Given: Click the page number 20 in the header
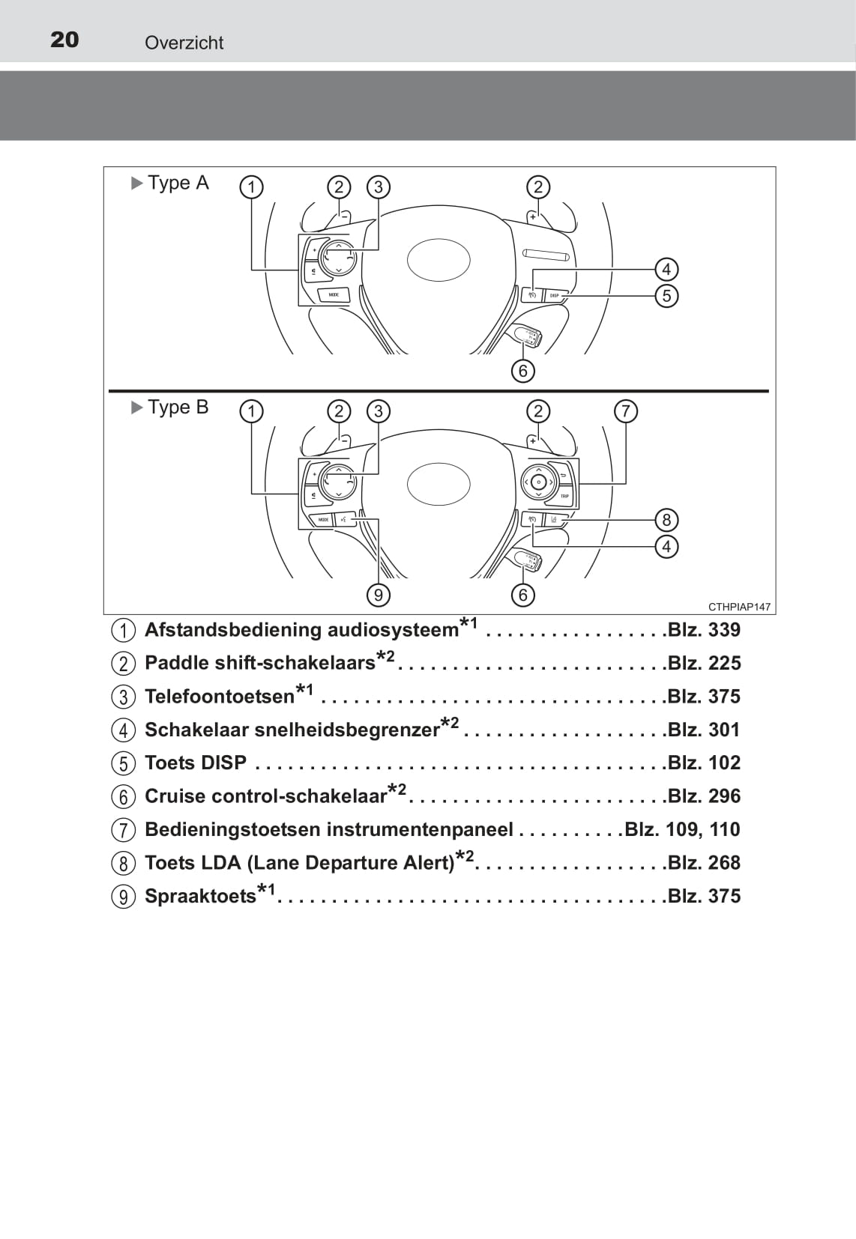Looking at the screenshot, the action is click(64, 40).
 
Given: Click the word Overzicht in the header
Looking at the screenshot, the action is click(184, 43).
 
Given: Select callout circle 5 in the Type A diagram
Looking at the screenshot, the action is click(666, 296).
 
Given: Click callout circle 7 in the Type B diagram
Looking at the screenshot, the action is click(626, 411).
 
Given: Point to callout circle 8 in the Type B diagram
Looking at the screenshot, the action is click(666, 520).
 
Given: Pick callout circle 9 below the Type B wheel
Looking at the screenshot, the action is click(379, 596).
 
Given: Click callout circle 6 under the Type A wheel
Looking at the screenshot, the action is click(523, 371).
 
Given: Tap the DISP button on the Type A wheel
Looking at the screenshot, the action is click(556, 295).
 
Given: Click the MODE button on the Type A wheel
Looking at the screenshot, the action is click(334, 295).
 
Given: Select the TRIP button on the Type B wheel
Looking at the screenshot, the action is click(564, 496).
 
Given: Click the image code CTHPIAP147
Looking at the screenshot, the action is click(739, 607).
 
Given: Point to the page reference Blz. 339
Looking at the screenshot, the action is click(704, 629).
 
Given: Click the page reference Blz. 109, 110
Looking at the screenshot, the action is click(682, 829).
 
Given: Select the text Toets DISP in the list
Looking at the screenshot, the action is click(196, 763).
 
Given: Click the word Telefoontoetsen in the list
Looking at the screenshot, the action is click(220, 697).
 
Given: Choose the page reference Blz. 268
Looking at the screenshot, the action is click(704, 862).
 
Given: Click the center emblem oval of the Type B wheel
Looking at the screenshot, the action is click(438, 484).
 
